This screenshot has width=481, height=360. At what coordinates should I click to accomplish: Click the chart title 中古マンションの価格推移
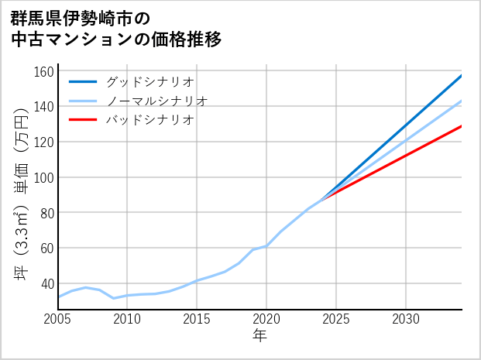click(x=116, y=39)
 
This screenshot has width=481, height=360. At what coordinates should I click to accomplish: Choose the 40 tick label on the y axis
click(x=46, y=283)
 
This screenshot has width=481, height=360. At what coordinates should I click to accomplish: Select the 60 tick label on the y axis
click(x=46, y=248)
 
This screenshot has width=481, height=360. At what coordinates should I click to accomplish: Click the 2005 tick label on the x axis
click(x=58, y=319)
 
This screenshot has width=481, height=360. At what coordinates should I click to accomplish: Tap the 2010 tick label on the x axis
click(x=127, y=319)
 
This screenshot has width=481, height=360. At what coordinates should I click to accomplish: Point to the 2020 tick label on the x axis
click(x=266, y=319)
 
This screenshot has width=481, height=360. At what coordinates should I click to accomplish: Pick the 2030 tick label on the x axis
click(x=406, y=319)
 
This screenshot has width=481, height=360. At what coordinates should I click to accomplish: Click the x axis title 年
click(x=260, y=337)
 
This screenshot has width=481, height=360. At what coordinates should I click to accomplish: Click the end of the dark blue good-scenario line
click(x=461, y=76)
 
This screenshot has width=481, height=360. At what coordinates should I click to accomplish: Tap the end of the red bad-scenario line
click(x=461, y=126)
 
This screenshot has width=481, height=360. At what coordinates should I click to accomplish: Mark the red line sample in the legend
click(x=84, y=120)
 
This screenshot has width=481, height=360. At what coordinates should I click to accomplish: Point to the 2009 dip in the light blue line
click(x=114, y=298)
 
